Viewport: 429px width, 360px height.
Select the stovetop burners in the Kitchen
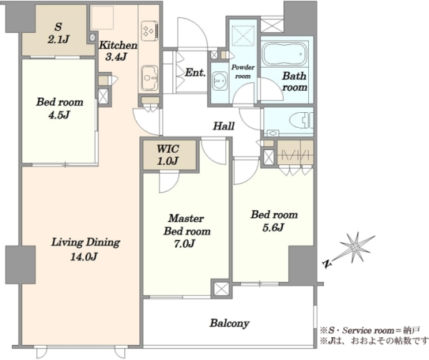click(x=149, y=29)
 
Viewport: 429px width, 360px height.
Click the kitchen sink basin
click(x=149, y=78)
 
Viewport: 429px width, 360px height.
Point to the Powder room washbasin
click(x=220, y=81)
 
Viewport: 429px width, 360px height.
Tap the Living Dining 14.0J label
click(x=85, y=249)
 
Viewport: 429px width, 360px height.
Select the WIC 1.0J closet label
click(x=168, y=155)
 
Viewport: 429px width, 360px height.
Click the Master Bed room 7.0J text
click(x=187, y=231)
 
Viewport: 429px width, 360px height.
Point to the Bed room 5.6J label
click(x=274, y=221)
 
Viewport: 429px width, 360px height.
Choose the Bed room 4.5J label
click(x=59, y=109)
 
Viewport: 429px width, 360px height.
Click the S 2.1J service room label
click(x=58, y=34)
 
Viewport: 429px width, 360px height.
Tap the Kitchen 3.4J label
click(x=118, y=51)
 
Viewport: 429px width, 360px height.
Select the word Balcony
click(x=230, y=324)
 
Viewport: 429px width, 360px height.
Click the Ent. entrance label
click(x=195, y=72)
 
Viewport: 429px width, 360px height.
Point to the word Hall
click(x=224, y=126)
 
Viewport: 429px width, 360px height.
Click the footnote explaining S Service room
click(x=370, y=331)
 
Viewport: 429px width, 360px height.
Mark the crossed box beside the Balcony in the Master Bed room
click(x=221, y=289)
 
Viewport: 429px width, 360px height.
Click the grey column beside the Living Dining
click(x=21, y=264)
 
